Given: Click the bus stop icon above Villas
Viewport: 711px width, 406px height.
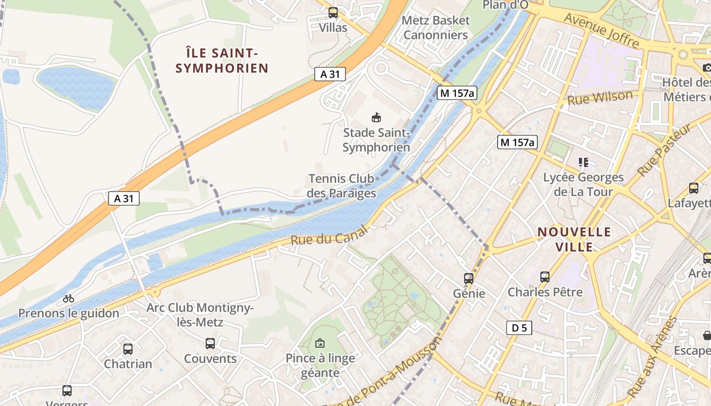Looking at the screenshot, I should point(333,13).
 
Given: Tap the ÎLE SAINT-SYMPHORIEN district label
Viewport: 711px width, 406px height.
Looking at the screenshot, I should point(222,60).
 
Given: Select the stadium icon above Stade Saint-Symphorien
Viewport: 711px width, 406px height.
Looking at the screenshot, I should point(376,118).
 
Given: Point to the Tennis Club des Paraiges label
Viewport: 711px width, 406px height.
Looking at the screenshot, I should point(341,186).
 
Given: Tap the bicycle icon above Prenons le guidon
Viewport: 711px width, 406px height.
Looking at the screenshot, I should point(69,298).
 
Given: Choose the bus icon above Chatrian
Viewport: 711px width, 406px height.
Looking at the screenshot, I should point(128,349).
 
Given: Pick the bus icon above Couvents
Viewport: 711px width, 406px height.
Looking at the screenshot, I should point(210,344).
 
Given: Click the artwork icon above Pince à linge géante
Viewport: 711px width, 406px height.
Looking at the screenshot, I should point(320,343).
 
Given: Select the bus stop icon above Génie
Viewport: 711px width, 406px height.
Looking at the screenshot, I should point(469,278).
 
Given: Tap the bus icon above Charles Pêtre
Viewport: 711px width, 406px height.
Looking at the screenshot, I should point(545,277).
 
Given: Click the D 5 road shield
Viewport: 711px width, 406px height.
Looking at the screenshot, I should point(519,328).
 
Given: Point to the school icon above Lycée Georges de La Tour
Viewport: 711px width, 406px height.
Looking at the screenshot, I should point(584,162).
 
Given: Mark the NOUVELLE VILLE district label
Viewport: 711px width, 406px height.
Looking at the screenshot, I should point(574,240).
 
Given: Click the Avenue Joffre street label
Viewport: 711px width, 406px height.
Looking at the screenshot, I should point(601,30).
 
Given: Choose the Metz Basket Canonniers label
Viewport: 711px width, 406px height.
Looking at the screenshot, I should point(436,28).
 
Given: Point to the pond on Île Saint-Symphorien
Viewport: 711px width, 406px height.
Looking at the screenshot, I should point(76,87).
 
